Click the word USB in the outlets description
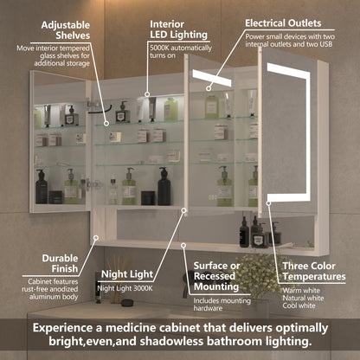pyautogui.click(x=326, y=46)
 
